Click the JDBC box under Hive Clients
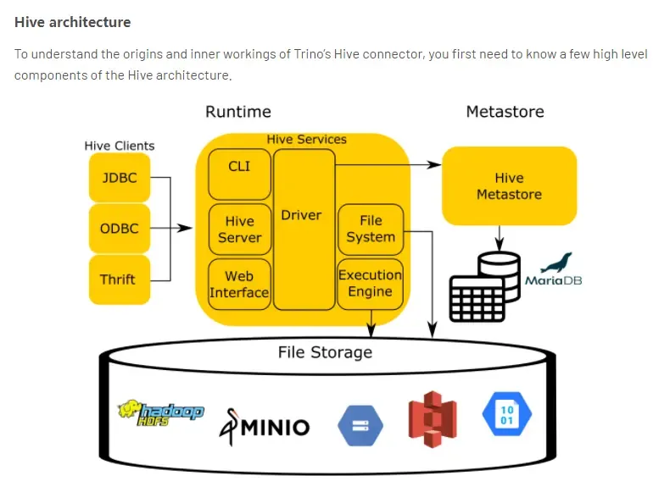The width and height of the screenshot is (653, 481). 119,178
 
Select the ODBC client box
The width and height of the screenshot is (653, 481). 119,229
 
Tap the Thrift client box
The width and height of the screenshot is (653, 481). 119,279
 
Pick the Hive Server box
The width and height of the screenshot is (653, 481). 240,229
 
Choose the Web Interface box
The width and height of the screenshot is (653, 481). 240,284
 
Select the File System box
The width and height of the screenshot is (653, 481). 371,229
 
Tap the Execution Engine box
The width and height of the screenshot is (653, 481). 371,283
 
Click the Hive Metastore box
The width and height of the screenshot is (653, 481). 509,186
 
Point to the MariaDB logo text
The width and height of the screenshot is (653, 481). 554,280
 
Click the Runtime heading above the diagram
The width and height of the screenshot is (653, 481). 238,112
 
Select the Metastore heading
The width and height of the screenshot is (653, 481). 505,112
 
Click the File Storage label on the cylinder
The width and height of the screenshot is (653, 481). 325,351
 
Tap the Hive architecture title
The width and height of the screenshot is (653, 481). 73,21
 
